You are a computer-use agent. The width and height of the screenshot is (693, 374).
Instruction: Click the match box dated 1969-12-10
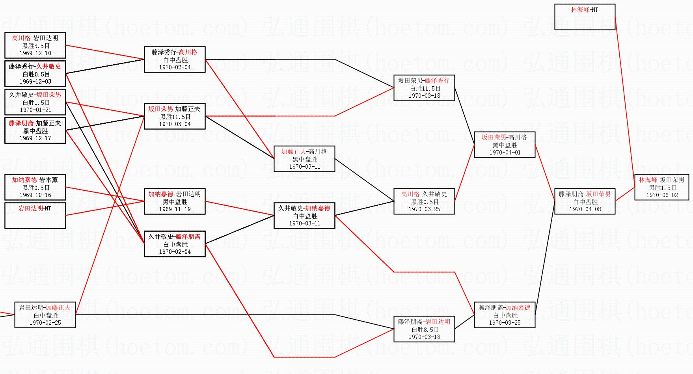(x=35, y=45)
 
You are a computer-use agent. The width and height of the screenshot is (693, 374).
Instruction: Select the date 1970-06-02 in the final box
(x=662, y=195)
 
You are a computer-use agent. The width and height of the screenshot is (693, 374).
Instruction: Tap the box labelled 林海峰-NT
(x=585, y=17)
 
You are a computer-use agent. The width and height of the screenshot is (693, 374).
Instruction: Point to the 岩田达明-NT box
(x=35, y=215)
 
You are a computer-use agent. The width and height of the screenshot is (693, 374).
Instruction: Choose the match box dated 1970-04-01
(x=505, y=145)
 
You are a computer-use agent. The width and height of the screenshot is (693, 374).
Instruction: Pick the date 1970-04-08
(x=585, y=209)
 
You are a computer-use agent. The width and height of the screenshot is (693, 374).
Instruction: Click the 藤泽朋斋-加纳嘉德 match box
(x=505, y=315)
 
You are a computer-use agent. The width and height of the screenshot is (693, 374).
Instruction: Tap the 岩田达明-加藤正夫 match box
(x=45, y=315)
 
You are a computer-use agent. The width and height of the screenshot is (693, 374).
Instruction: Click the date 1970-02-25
(x=45, y=323)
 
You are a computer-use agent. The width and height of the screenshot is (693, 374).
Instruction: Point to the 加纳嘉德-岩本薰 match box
(x=35, y=187)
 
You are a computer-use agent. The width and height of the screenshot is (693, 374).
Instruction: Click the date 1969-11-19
(x=175, y=209)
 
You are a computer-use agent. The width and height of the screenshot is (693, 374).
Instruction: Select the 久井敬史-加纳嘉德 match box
(x=304, y=216)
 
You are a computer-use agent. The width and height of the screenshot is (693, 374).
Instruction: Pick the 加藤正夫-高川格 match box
(x=304, y=159)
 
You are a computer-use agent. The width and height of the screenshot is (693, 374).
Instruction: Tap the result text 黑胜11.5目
(x=175, y=117)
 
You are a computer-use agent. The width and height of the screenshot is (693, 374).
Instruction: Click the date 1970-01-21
(x=35, y=110)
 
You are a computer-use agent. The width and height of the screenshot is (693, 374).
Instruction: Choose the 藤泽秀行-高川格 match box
(x=175, y=60)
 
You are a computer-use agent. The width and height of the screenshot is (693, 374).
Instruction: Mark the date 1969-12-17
(x=35, y=138)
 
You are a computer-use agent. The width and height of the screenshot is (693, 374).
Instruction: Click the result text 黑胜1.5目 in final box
(x=662, y=188)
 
